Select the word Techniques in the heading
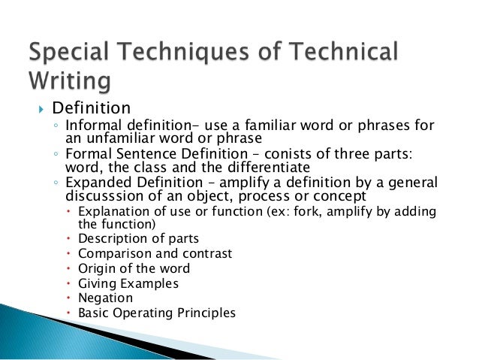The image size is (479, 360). tap(200, 52)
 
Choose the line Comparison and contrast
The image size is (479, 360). tap(155, 253)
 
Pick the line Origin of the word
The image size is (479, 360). tap(134, 268)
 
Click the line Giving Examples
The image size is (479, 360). tap(128, 283)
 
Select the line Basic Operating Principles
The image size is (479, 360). tap(156, 313)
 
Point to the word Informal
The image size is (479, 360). tap(91, 125)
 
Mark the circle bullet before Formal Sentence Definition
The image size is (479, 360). tap(56, 154)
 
